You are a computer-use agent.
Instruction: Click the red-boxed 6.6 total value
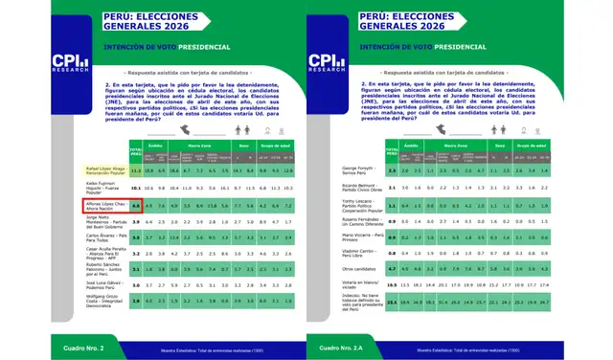pyautogui.click(x=136, y=205)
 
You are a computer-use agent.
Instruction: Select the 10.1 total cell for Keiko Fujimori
pyautogui.click(x=136, y=189)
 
